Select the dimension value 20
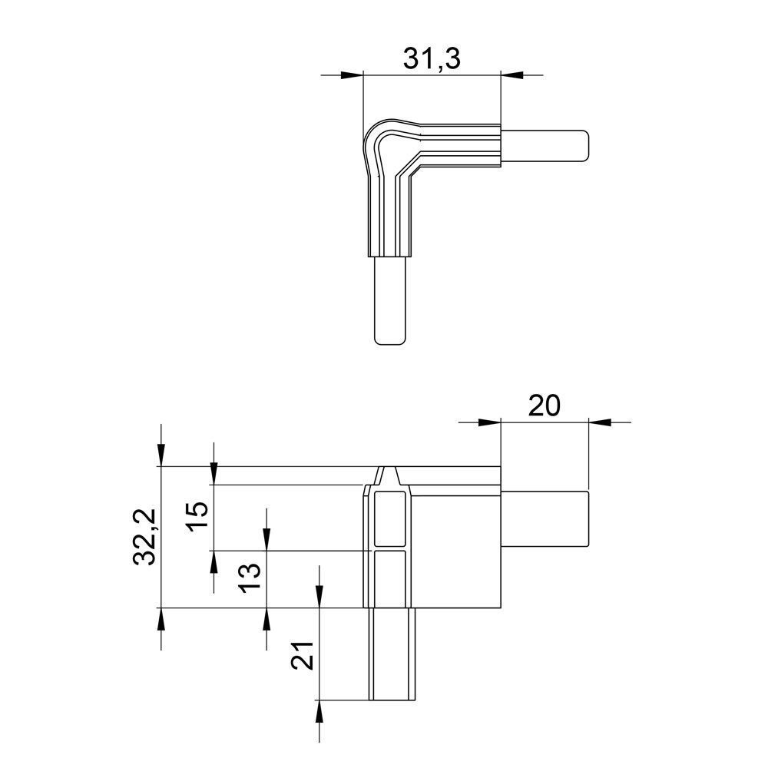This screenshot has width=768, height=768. click(545, 406)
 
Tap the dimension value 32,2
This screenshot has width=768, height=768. click(145, 537)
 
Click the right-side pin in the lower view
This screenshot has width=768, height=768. click(545, 519)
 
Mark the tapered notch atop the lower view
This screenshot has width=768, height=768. click(391, 475)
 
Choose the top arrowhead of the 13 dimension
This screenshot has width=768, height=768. click(266, 541)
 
